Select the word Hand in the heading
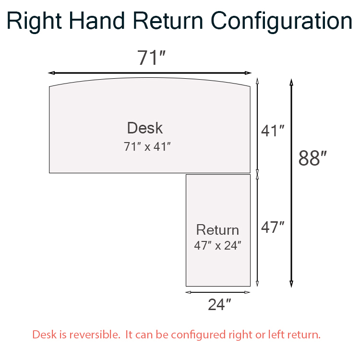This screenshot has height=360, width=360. (x=96, y=21)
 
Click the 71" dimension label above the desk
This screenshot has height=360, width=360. (x=151, y=58)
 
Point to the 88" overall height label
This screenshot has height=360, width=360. (x=312, y=158)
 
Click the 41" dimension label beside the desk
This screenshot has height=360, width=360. (x=273, y=131)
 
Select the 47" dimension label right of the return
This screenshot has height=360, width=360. (x=273, y=227)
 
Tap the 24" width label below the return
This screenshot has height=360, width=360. (x=219, y=304)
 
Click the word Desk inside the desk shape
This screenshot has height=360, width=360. (x=145, y=128)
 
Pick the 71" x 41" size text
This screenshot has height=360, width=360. (x=147, y=146)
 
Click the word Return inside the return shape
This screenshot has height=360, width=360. (x=217, y=229)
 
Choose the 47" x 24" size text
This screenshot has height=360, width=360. (x=217, y=245)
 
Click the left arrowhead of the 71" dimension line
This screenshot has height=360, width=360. (x=51, y=73)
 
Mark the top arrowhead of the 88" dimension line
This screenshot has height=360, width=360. (x=291, y=82)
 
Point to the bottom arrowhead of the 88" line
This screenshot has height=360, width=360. (x=291, y=284)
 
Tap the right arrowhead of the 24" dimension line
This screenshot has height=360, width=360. (x=247, y=292)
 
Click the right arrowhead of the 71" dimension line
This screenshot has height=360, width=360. (x=249, y=73)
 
